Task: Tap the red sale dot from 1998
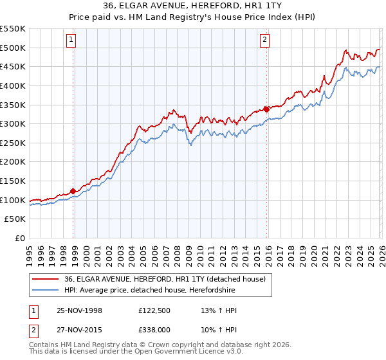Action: [x=73, y=191]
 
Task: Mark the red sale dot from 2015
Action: [x=266, y=109]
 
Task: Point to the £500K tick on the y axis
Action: [x=14, y=48]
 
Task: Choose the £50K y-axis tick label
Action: [x=16, y=219]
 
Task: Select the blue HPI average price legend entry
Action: [x=149, y=291]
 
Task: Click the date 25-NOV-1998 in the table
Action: [x=79, y=310]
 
